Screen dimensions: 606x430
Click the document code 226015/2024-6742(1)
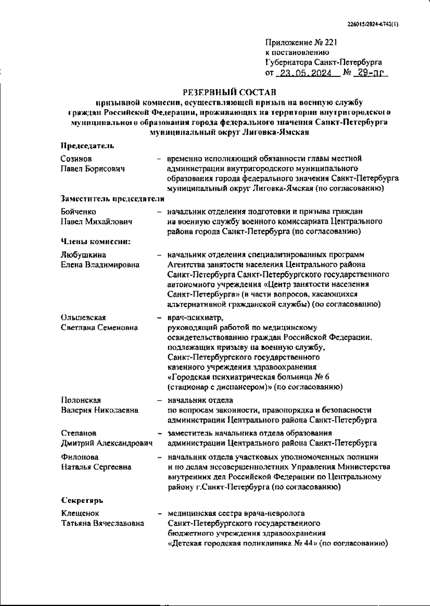373,25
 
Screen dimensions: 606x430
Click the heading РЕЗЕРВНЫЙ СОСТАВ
229,92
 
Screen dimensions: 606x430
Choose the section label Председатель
87,146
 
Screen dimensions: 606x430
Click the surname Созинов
76,159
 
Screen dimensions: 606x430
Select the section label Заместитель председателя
113,199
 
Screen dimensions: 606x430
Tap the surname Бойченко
78,212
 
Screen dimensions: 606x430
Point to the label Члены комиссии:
96,242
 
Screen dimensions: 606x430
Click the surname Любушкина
83,255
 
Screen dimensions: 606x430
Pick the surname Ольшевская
83,318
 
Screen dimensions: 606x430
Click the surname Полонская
81,400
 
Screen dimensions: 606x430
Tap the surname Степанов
78,433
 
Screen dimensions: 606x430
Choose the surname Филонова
80,457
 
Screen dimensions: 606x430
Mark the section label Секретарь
82,500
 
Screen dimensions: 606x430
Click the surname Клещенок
80,514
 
